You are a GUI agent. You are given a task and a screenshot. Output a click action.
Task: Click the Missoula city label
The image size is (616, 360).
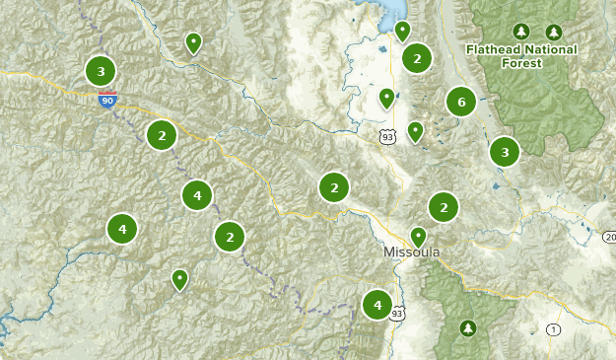[411, 253]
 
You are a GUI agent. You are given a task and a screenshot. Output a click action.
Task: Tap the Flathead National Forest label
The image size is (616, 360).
[521, 55]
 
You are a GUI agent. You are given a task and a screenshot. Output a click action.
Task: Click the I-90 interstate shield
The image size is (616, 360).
[107, 99]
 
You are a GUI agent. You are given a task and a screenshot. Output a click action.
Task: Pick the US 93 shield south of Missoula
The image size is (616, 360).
[397, 313]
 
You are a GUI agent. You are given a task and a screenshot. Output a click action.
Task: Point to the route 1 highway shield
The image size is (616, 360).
[554, 329]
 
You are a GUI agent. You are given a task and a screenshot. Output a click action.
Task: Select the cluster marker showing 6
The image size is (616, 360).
[460, 101]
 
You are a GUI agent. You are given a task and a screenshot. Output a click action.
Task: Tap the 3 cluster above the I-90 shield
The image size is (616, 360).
[101, 71]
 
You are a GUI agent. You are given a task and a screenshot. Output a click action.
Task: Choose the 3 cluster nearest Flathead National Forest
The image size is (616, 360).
[505, 152]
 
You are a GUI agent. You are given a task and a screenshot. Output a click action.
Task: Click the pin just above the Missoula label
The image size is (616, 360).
[418, 237]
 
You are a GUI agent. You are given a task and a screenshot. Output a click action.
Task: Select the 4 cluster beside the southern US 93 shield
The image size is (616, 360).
[376, 306]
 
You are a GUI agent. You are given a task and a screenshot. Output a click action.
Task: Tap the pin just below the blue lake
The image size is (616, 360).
[402, 32]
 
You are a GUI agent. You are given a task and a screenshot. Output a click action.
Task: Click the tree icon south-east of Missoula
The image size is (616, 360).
[467, 327]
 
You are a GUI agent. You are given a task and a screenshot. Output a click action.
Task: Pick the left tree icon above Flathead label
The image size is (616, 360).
[521, 32]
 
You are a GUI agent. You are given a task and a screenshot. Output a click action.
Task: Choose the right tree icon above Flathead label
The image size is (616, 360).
[554, 32]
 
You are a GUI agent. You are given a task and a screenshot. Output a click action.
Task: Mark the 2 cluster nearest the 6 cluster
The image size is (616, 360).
[417, 59]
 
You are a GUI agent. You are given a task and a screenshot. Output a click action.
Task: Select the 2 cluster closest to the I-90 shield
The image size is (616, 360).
[161, 135]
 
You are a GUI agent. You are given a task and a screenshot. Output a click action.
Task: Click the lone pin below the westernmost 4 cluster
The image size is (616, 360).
[179, 280]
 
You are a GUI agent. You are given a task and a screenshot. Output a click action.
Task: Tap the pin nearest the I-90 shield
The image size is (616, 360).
[193, 42]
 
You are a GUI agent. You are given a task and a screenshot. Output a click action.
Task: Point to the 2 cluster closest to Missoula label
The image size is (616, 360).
[444, 207]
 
